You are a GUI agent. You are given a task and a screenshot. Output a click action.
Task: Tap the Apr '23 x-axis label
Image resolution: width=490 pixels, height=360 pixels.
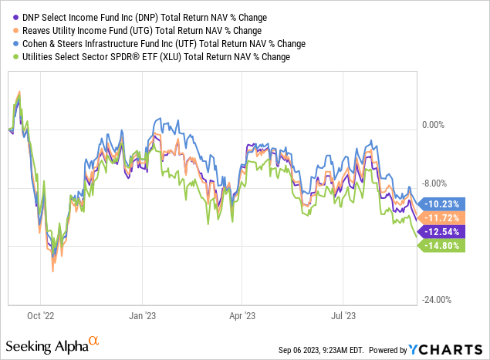pyautogui.click(x=243, y=315)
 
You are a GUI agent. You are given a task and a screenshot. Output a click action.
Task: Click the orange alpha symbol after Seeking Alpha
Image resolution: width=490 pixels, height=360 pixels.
pyautogui.click(x=93, y=340)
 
